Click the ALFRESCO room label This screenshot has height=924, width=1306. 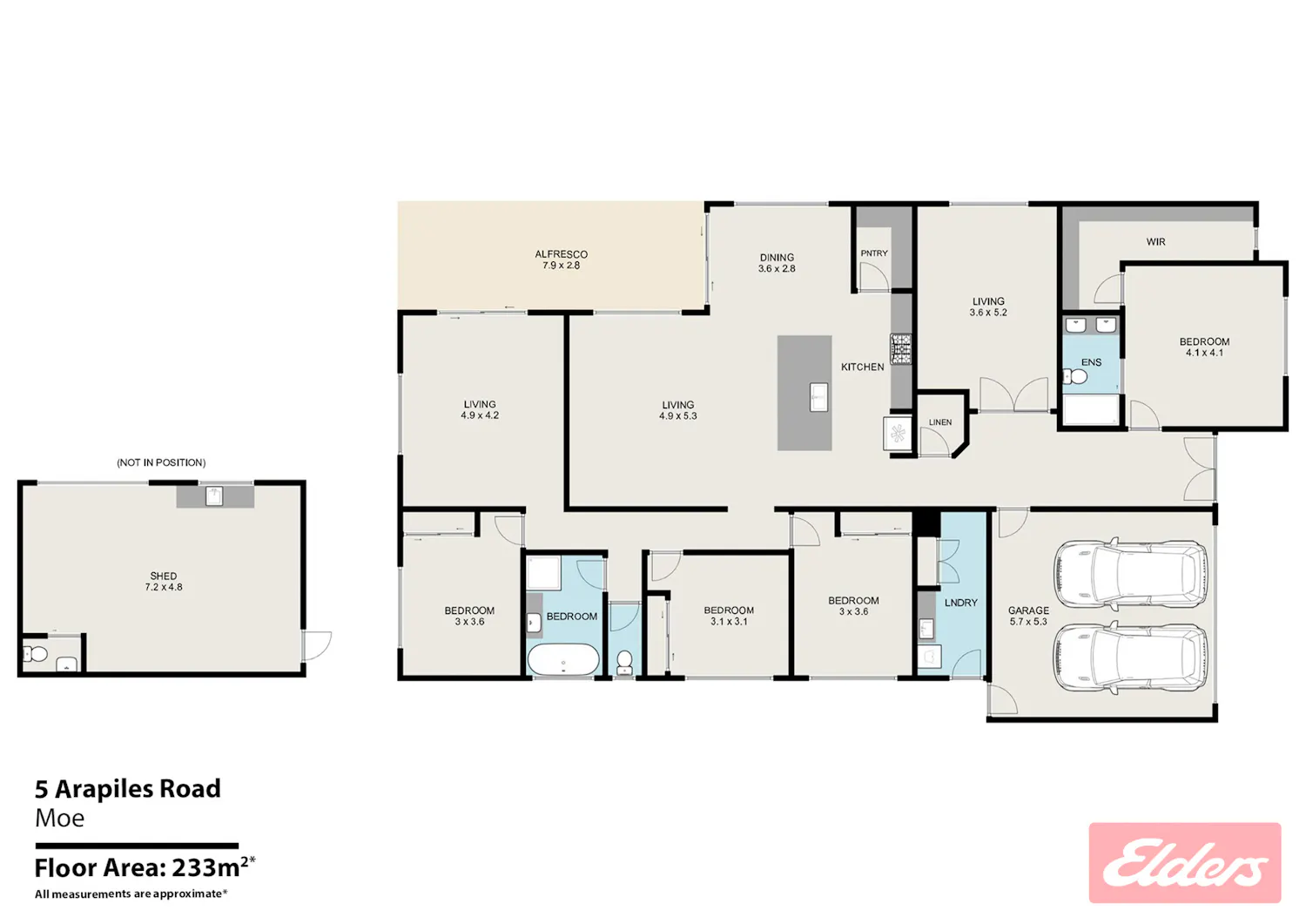[561, 260]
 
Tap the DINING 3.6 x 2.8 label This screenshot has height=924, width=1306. [777, 262]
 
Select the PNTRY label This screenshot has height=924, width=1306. [874, 253]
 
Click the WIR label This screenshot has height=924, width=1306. [1155, 241]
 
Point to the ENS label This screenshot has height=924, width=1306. [1092, 362]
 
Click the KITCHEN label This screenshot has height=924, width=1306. [862, 367]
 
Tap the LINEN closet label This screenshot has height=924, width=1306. [939, 422]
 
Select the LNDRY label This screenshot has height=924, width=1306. [961, 603]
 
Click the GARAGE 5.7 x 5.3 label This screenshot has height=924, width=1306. [1028, 616]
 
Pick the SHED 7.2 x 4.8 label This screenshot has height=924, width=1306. [164, 581]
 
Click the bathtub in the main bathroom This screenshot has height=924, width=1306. [563, 659]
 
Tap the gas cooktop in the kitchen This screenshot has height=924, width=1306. [900, 349]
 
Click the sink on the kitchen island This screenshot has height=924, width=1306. [818, 396]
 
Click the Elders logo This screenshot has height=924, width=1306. [1185, 863]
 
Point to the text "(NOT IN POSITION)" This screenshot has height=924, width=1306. [161, 462]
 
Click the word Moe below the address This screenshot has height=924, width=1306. [59, 818]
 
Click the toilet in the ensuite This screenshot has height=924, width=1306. [1075, 377]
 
